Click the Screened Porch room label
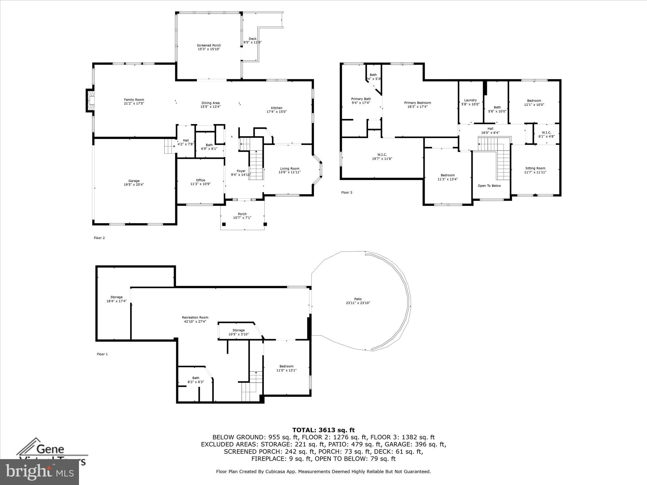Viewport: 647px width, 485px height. [x=209, y=45]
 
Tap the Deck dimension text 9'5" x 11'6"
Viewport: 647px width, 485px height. [x=252, y=42]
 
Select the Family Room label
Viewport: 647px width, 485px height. [x=134, y=100]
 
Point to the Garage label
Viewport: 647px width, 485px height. [x=134, y=181]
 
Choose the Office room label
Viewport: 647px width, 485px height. [x=200, y=180]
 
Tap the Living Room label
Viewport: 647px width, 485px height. [x=289, y=169]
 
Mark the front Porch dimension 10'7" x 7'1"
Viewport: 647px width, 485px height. [x=242, y=218]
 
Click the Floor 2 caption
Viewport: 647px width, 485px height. [x=99, y=238]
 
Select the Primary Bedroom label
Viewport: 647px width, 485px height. [x=417, y=103]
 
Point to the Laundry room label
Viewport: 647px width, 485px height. [x=470, y=100]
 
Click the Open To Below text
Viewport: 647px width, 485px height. [x=489, y=186]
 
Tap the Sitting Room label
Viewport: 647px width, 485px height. [x=535, y=168]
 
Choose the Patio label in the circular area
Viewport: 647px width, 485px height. [x=358, y=299]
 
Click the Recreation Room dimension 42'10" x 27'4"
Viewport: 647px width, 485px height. [x=195, y=321]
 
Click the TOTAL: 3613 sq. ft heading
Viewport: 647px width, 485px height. [x=323, y=430]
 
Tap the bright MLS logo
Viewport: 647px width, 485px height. [x=39, y=472]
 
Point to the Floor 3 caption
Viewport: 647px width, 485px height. [x=347, y=192]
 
